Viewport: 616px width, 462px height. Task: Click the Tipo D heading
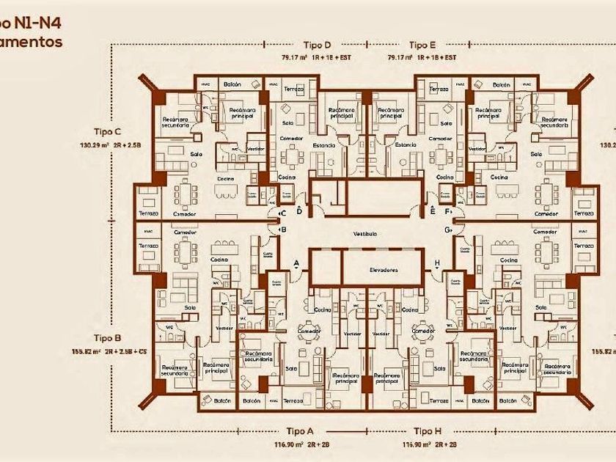[x=317, y=45]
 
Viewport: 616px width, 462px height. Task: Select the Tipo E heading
[x=423, y=45]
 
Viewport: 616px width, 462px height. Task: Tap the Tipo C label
[x=107, y=131]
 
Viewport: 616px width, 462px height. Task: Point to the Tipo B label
[x=107, y=338]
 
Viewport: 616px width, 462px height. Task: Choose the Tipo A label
[x=299, y=431]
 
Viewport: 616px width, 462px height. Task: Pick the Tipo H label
[x=428, y=431]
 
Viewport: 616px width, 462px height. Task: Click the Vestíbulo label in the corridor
[x=364, y=234]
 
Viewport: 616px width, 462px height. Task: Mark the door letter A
[x=296, y=263]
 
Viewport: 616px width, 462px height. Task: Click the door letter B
[x=283, y=230]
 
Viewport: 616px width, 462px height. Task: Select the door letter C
[x=283, y=213]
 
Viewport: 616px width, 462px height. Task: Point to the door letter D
[x=299, y=211]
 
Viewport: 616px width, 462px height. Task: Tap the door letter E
[x=433, y=211]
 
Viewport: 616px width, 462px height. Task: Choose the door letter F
[x=447, y=213]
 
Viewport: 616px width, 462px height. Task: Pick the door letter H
[x=437, y=263]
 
